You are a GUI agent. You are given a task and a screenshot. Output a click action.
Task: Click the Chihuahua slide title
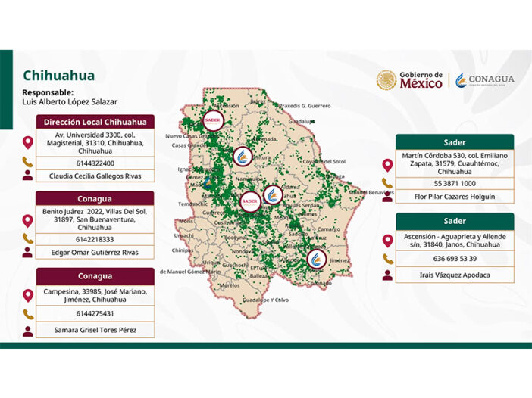tap(59, 76)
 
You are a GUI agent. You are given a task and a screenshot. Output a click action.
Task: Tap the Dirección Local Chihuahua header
tap(95, 122)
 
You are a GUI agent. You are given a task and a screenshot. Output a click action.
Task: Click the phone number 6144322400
tap(95, 163)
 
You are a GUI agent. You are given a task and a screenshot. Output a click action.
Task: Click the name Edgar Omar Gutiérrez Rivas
tap(95, 252)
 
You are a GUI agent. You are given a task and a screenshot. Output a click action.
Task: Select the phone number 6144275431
tap(95, 313)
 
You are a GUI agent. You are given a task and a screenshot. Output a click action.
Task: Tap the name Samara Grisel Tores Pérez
tap(95, 331)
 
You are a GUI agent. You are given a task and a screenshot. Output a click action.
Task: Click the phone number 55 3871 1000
tap(454, 183)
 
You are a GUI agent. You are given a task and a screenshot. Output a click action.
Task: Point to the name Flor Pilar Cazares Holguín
tap(454, 197)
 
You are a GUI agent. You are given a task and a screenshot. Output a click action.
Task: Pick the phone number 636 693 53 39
tap(454, 258)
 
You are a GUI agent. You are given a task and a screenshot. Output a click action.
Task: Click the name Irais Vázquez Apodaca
tap(454, 275)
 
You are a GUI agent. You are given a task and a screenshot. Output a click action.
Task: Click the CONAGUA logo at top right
tap(484, 80)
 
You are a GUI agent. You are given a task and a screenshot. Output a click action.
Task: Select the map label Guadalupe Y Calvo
tap(265, 300)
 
